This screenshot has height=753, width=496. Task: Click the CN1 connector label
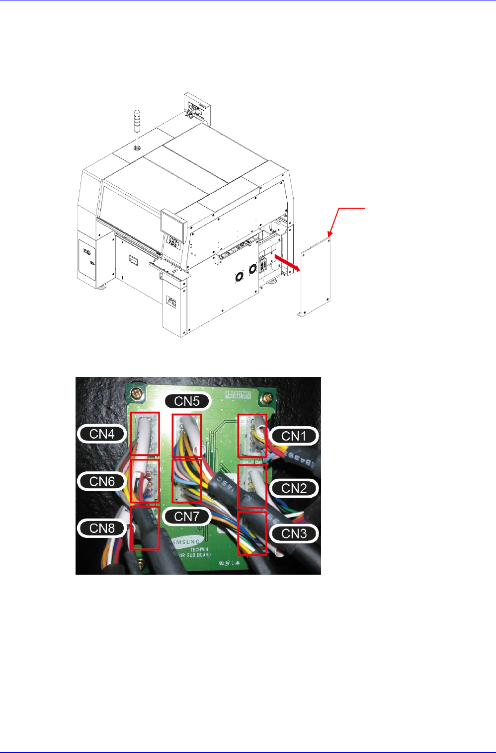[294, 436]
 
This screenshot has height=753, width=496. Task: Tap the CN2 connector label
[294, 488]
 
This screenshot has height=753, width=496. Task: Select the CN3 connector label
[294, 534]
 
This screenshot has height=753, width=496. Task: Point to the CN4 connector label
[102, 434]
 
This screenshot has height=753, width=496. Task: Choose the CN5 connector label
[187, 401]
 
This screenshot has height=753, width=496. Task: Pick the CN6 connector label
[102, 481]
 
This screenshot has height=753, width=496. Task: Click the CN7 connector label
[187, 517]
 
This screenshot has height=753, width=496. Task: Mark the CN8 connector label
[102, 528]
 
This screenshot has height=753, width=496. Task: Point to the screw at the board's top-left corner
[135, 395]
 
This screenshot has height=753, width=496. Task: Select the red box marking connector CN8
[145, 527]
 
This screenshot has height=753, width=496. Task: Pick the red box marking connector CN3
[252, 533]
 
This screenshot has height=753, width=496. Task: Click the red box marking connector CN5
[187, 436]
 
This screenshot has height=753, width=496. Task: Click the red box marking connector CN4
[145, 434]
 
